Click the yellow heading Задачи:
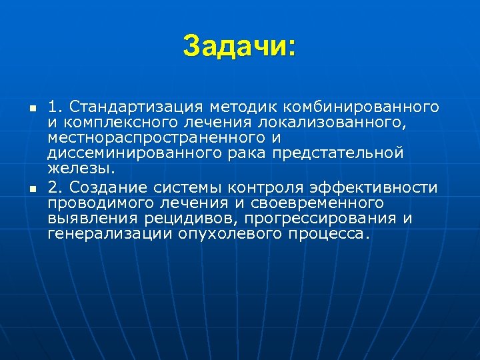[239, 46]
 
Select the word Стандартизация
[136, 106]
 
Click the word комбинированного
[361, 106]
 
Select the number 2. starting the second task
[55, 186]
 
